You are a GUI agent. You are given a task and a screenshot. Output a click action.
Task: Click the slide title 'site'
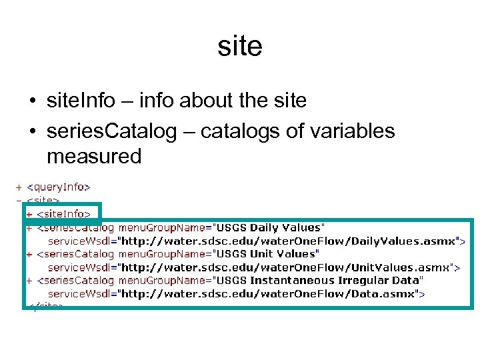pos(240,47)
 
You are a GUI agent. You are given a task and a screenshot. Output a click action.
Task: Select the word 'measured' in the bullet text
pos(94,157)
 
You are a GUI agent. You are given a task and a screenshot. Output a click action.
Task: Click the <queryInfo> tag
pos(63,187)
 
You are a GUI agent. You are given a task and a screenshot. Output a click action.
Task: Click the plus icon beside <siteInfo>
pos(29,214)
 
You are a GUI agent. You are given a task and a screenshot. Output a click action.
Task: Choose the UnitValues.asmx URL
pos(295,267)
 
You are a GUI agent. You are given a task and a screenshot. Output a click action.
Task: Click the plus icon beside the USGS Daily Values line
pos(29,227)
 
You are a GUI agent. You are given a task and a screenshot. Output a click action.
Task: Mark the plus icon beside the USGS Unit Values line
pos(29,254)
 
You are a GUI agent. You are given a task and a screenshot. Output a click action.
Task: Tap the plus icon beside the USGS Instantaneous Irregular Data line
pos(29,281)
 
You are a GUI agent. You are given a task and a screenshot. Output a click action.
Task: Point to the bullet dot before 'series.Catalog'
pos(32,132)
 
